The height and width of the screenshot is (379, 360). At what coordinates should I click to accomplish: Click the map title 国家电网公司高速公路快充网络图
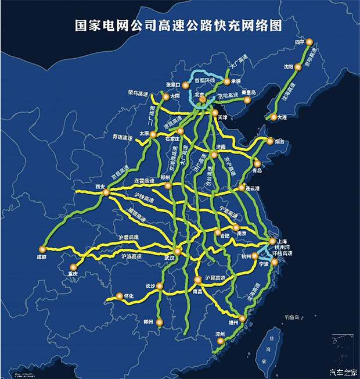point(179,25)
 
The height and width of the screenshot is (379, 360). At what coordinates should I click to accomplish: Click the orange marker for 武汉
point(178,251)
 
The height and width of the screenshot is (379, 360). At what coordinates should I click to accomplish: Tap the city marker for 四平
point(309,42)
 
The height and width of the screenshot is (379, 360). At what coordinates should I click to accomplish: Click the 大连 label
point(283,117)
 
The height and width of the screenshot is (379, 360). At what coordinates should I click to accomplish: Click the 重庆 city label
point(73,273)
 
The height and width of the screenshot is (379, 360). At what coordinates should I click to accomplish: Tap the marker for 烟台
point(270,140)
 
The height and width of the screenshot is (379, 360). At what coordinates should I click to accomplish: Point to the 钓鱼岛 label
point(287,317)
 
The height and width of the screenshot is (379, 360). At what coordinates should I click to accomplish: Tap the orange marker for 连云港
point(242,188)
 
